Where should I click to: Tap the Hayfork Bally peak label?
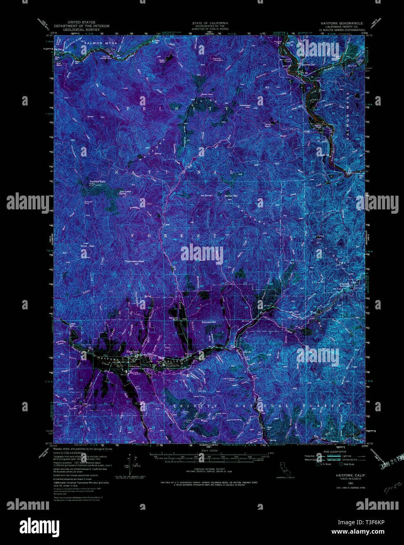(x=98, y=182)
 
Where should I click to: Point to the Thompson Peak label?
(x=135, y=261)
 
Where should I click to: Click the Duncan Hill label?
(x=209, y=322)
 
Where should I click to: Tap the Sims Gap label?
(x=87, y=246)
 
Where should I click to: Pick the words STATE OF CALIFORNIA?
(x=210, y=23)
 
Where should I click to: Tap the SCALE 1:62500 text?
(x=209, y=451)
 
